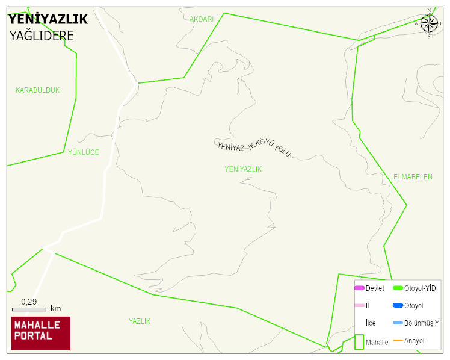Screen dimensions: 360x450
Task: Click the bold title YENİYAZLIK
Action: coord(48,19)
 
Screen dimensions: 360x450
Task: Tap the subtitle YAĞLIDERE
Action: coord(42,36)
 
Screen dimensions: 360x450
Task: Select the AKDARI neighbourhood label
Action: coord(202,19)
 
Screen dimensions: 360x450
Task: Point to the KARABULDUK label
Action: coord(37,90)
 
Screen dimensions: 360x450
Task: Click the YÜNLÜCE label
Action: coord(83,152)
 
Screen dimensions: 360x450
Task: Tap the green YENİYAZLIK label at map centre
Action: coord(243,169)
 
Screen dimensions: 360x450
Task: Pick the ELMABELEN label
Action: coord(413,177)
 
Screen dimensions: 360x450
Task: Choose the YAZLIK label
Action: coord(140,321)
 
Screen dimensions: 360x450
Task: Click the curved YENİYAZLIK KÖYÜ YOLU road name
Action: coord(254,146)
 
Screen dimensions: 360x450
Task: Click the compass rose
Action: coord(429,23)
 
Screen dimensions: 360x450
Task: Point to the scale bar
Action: coord(29,309)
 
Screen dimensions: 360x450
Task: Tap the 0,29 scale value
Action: coord(29,302)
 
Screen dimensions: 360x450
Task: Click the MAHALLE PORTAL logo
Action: coord(41,333)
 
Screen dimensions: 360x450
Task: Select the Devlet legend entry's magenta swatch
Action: coord(359,288)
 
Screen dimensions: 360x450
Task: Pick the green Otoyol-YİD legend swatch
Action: coord(398,288)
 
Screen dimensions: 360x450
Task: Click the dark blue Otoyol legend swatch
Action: coord(398,306)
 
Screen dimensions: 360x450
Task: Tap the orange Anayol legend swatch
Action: coord(398,341)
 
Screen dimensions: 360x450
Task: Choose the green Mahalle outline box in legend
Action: coord(359,341)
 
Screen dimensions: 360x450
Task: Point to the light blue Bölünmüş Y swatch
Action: coord(398,323)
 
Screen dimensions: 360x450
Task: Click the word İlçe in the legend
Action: coord(371,323)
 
